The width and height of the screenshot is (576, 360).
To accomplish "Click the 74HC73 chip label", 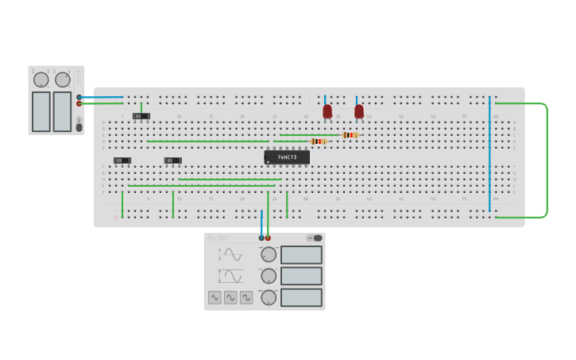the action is point(287,157).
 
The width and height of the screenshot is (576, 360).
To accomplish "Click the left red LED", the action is point(327,111).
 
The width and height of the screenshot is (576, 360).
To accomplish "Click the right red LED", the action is point(359,111).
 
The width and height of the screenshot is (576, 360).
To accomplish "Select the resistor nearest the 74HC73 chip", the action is point(319,141).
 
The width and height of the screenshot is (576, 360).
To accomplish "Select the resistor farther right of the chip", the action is point(350,135).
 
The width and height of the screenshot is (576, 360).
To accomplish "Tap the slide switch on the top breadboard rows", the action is point(141,116).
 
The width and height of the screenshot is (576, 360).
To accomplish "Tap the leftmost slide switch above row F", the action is point(122,161).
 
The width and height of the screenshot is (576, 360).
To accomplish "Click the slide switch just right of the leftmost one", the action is point(172,161).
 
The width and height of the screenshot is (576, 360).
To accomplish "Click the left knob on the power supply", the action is point(40,79).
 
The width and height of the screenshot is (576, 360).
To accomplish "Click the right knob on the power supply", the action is point(63,79).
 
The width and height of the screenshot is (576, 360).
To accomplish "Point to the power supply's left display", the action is point(41,111).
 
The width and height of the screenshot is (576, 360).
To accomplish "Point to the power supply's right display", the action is point(62,111).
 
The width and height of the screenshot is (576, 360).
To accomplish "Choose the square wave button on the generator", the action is point(246,297).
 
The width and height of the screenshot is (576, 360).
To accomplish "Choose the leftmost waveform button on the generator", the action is point(215,297).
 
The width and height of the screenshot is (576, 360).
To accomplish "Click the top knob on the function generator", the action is point(269,254).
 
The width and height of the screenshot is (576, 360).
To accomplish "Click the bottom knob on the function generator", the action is point(269,297).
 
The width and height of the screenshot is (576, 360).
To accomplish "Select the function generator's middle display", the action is point(301,276).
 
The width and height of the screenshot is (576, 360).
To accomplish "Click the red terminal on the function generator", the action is point(268,238).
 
